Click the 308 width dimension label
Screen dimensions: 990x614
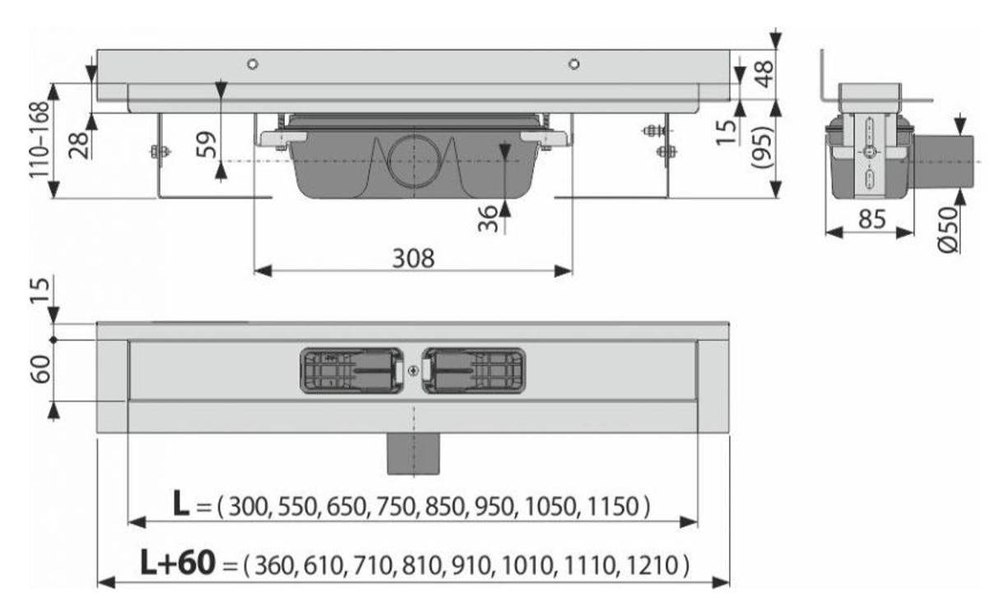(413, 258)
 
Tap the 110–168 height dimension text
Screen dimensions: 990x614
(40, 140)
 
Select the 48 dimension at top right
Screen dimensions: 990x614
(763, 74)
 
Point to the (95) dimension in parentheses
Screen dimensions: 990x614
(762, 147)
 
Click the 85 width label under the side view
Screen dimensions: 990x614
(872, 219)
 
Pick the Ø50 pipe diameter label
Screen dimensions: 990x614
(949, 230)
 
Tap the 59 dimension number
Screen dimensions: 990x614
(207, 145)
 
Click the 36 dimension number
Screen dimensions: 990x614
(488, 219)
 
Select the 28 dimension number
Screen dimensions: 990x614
(79, 146)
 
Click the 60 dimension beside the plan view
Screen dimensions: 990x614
(40, 369)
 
